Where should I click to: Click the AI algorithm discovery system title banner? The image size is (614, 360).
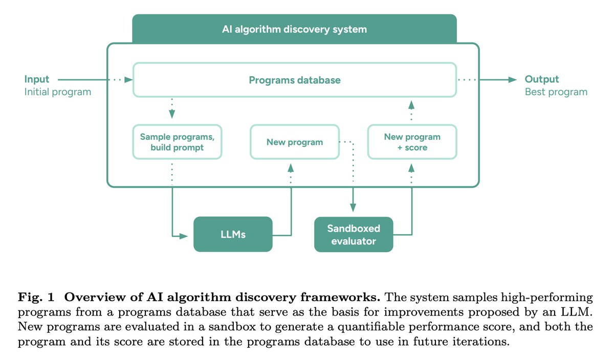point(294,29)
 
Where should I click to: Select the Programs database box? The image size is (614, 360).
point(295,80)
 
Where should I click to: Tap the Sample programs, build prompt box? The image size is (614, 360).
point(177,142)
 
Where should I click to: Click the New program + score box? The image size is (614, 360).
point(412,142)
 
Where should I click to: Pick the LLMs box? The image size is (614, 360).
point(233,234)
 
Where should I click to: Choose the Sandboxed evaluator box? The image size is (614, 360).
point(354,235)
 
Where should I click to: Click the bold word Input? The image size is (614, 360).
point(37,79)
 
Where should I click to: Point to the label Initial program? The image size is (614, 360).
point(57,92)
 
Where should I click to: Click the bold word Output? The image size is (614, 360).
point(542,79)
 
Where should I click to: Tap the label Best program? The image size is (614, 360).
point(556,92)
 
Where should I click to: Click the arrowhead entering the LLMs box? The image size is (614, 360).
point(184,236)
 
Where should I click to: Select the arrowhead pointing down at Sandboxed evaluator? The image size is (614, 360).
point(353,208)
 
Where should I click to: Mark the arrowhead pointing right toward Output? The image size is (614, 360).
point(513,80)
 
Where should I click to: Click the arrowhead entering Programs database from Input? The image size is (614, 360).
point(128,80)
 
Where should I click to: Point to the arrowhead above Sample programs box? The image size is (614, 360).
point(172,114)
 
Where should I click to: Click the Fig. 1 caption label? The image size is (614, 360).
point(36,297)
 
